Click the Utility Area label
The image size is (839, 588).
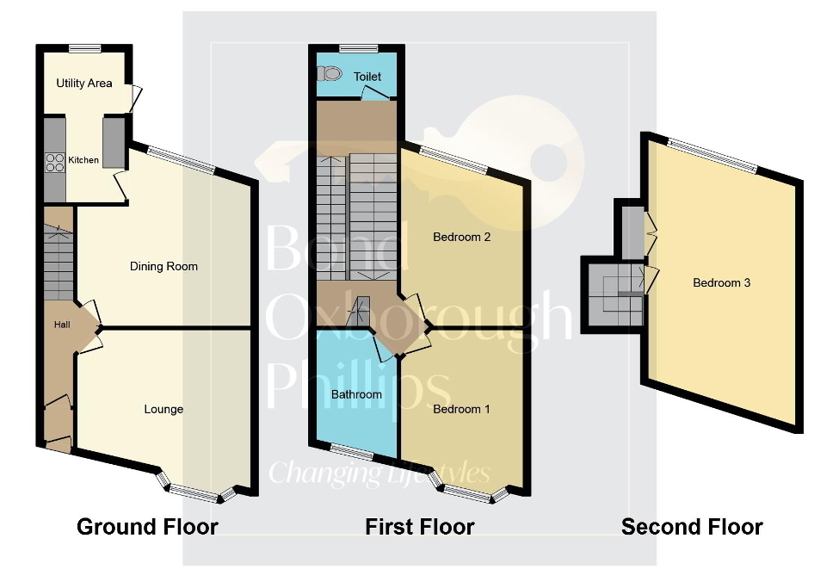pos(84,84)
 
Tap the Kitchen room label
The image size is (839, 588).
pos(83,160)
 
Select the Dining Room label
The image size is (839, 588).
pos(163,266)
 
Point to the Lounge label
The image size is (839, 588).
pos(163,409)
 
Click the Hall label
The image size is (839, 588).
pos(62,325)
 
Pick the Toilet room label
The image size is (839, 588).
pos(367,77)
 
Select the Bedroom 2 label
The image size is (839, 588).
pos(462,237)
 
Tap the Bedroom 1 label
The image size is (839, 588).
pos(461,409)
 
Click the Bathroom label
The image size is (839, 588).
pos(356,394)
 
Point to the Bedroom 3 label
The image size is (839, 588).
pos(722,282)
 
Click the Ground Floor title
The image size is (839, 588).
pos(147,526)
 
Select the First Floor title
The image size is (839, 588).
pos(420,526)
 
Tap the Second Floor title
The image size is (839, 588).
pos(692,526)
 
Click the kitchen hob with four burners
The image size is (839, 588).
pos(55,163)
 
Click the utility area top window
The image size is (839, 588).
pos(84,48)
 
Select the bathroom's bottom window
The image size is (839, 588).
pos(351,452)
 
